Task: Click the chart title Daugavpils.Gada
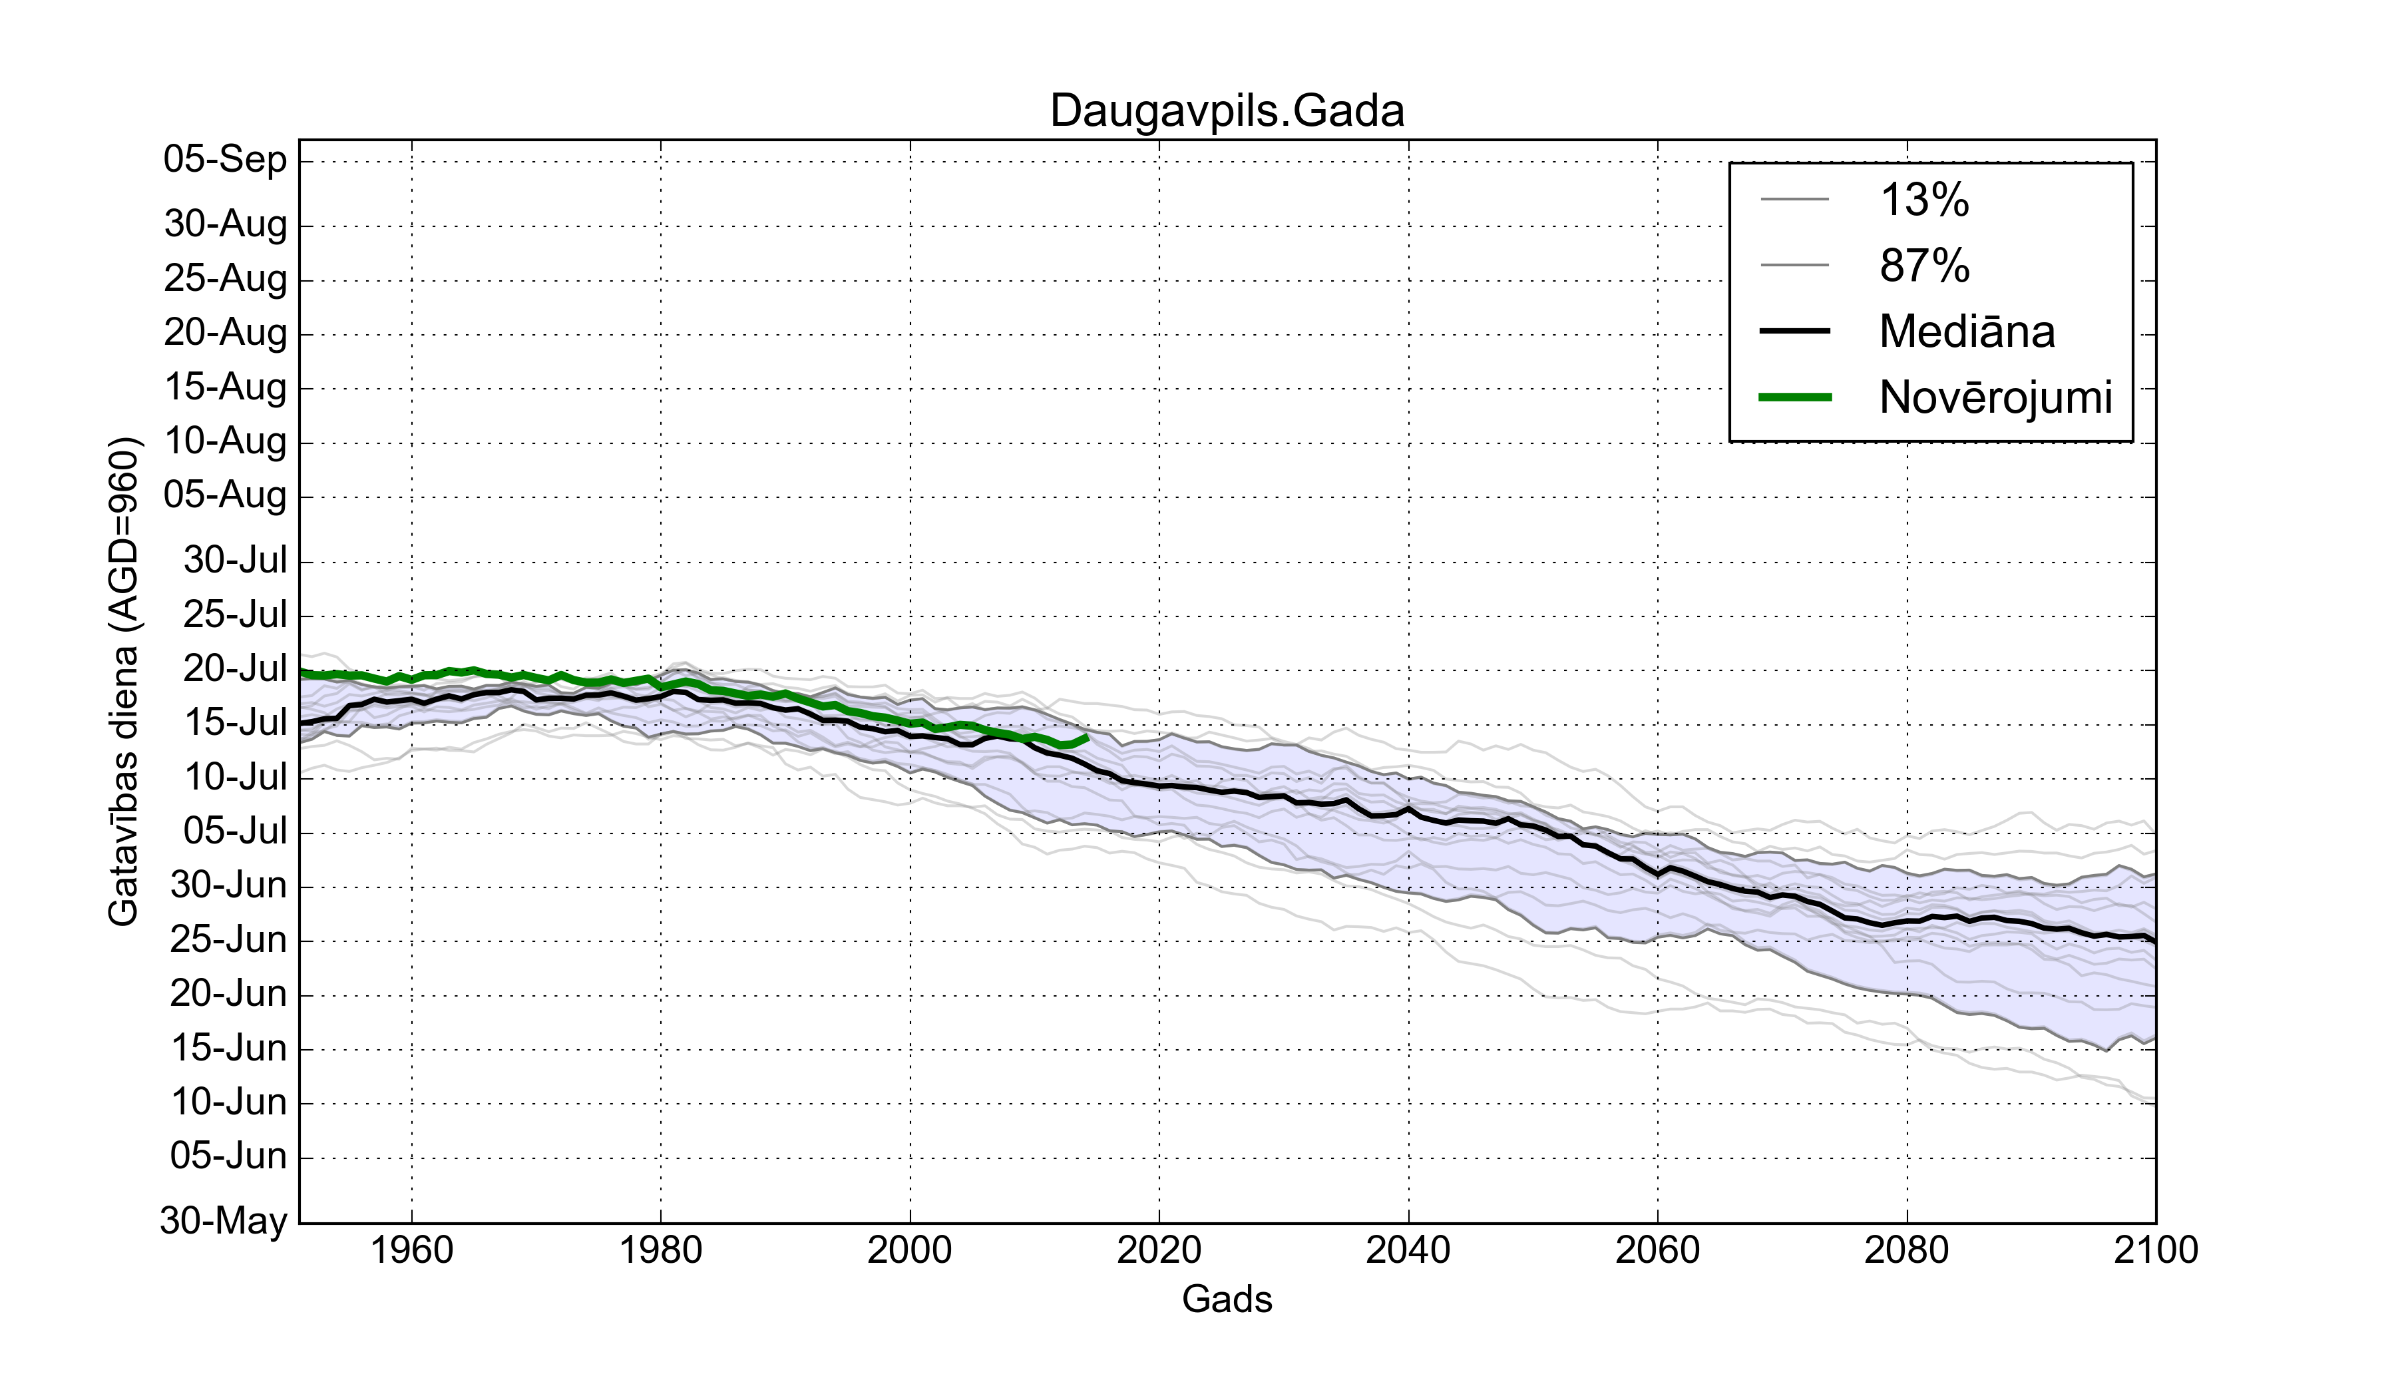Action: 1227,111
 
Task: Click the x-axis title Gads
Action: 1227,1298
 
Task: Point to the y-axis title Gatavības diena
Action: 124,681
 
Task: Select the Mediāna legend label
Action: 1966,331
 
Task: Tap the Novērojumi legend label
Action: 1995,397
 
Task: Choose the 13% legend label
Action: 1923,200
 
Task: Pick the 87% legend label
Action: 1923,266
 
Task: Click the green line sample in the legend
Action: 1794,397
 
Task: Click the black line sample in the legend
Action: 1794,331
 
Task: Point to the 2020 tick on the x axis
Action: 1159,1249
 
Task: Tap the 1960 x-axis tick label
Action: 412,1249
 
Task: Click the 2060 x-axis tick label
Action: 1657,1249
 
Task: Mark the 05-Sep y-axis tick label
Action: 226,159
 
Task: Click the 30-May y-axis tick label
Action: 224,1220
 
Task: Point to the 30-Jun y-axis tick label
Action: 228,885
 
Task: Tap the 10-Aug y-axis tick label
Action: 226,441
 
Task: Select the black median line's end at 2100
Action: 2154,941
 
